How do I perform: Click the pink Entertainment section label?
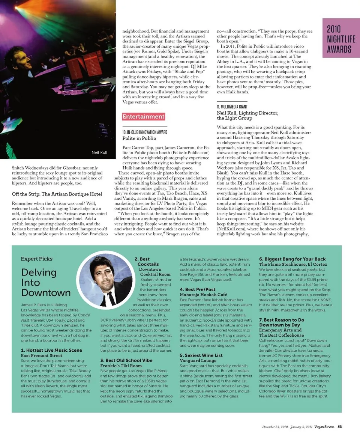(x=143, y=117)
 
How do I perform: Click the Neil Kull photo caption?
(x=100, y=153)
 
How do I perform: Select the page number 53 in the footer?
(x=339, y=426)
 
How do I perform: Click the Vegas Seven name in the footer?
(x=324, y=426)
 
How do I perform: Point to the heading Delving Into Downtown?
(x=46, y=282)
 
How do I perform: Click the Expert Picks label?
(x=36, y=259)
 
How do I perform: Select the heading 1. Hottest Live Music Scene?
(x=51, y=350)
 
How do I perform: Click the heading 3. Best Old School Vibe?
(x=126, y=360)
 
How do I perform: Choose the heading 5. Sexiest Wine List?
(x=201, y=355)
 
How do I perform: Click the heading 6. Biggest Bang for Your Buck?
(x=292, y=259)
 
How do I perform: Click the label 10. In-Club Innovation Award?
(x=145, y=132)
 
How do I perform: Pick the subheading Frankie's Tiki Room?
(x=121, y=366)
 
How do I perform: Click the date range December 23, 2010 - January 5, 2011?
(x=286, y=426)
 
